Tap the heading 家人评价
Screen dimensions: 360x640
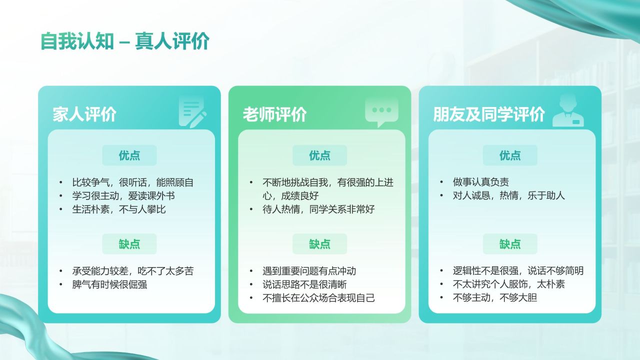(84, 114)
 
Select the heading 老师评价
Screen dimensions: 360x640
(274, 114)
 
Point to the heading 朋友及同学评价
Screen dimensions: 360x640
(488, 114)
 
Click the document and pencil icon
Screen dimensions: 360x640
(192, 112)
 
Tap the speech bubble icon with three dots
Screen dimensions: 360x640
(381, 111)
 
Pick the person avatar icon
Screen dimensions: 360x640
(568, 112)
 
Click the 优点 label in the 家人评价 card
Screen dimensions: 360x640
(129, 155)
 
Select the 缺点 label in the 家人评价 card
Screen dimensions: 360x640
(129, 244)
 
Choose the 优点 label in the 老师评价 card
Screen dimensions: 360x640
(319, 155)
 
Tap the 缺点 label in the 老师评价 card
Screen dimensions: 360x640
(319, 244)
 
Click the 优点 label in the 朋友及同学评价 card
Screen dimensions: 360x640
(510, 155)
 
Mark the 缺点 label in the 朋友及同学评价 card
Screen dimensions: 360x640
(510, 244)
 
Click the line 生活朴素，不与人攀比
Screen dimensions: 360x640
(119, 209)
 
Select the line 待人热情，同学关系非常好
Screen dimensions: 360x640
(318, 209)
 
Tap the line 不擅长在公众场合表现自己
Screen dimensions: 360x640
(318, 298)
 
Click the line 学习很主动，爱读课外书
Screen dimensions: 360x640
(123, 195)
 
